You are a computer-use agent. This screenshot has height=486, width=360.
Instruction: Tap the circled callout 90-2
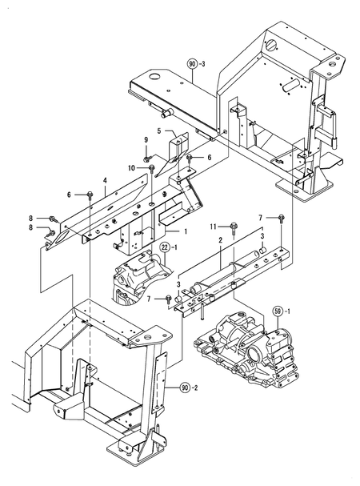190,386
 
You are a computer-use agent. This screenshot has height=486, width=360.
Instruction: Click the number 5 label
159,131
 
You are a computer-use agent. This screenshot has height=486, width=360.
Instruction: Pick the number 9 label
147,141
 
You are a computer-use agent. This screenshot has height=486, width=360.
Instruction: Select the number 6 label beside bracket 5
209,158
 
